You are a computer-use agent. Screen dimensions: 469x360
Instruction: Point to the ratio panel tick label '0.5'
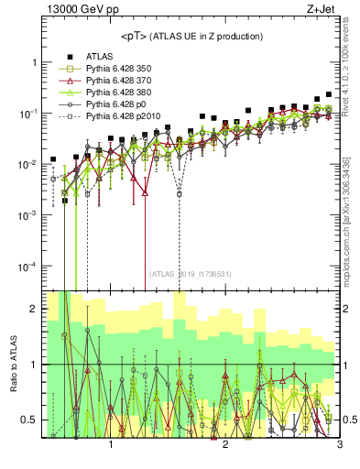point(28,420)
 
